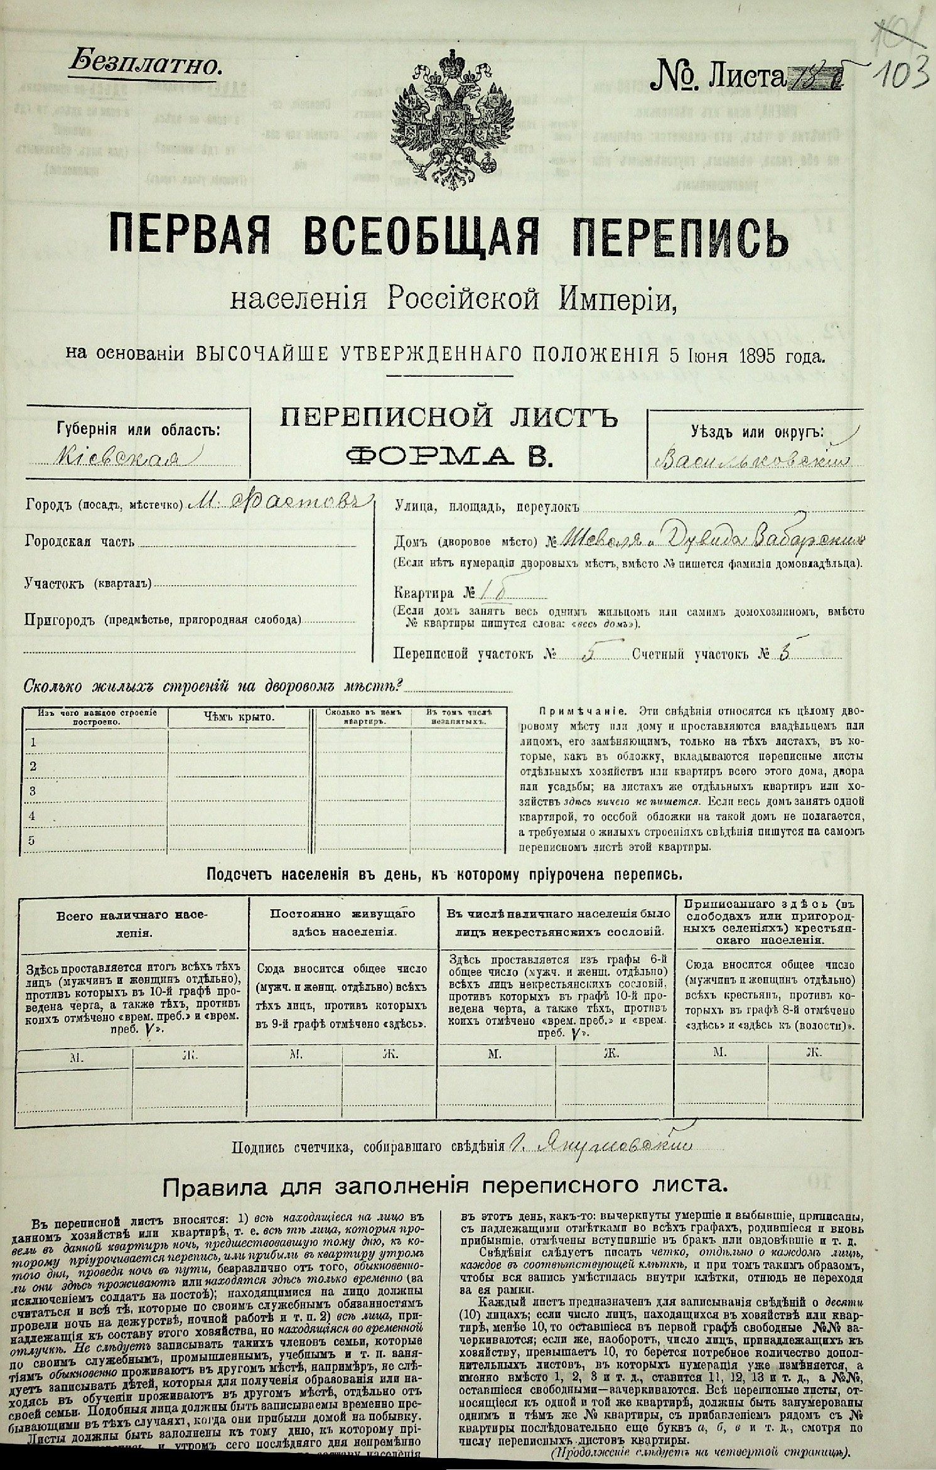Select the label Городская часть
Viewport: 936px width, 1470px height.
pyautogui.click(x=79, y=541)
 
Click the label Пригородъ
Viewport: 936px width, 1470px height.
pyautogui.click(x=59, y=621)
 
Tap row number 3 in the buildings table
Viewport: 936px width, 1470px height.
pyautogui.click(x=34, y=790)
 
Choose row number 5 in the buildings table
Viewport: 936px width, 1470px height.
pyautogui.click(x=34, y=840)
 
